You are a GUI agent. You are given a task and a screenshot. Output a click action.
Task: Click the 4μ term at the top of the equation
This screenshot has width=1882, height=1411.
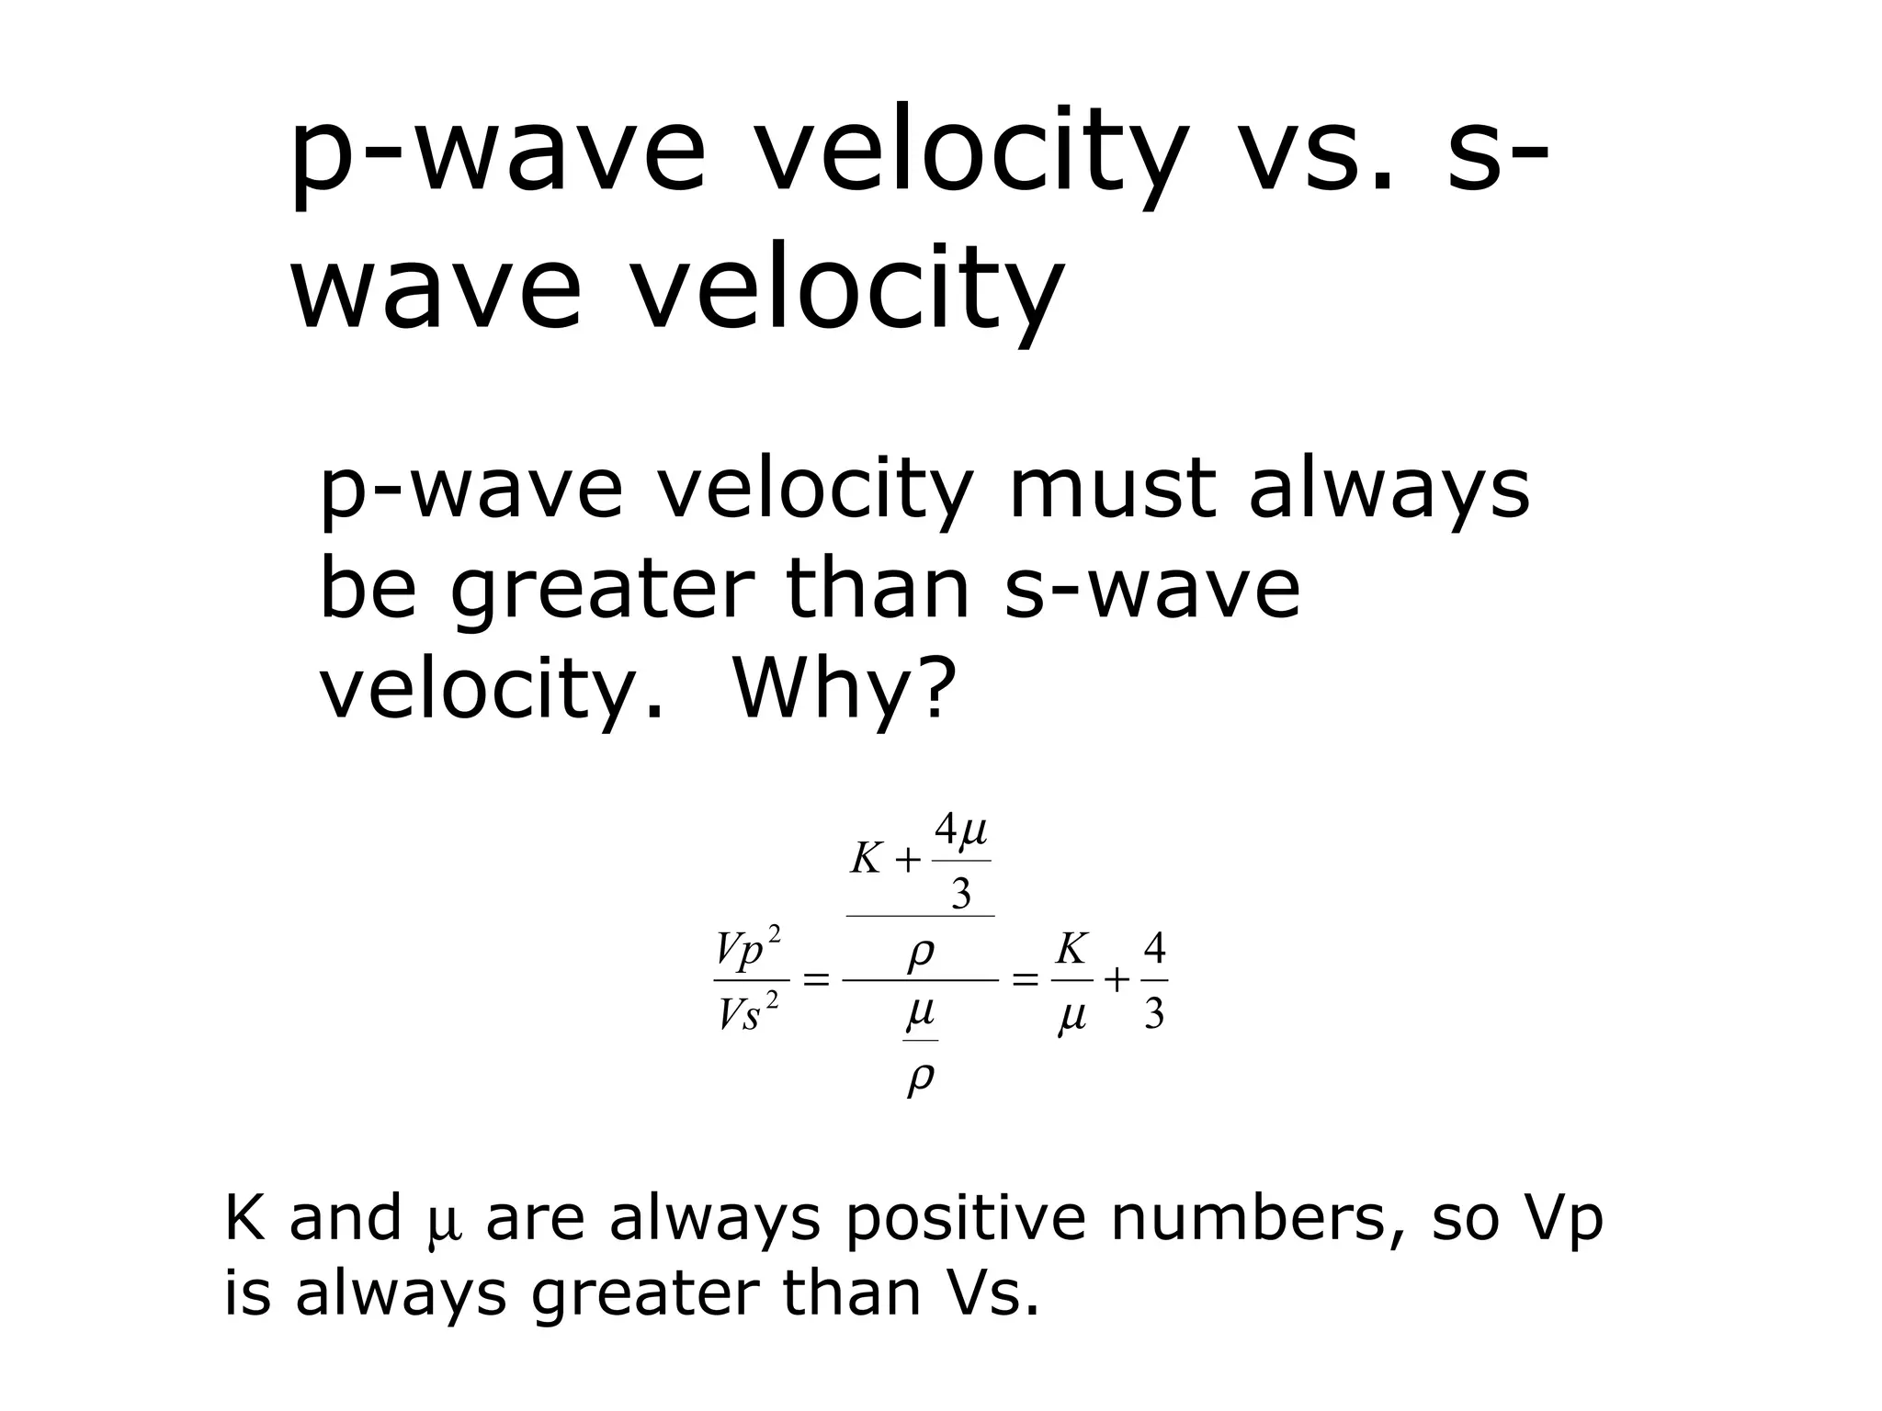960,831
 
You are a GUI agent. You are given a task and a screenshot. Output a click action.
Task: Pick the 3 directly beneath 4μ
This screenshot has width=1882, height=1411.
960,893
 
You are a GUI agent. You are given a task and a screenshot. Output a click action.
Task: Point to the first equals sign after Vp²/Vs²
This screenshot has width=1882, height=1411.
816,981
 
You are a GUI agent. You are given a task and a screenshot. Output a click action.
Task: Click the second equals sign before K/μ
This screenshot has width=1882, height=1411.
1024,981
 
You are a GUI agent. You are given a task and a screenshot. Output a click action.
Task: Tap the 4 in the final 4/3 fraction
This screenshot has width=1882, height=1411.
1154,949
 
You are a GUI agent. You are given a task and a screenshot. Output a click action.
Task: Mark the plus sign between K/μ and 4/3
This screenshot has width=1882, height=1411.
1116,981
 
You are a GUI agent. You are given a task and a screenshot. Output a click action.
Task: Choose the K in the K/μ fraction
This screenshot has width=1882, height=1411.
1071,949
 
